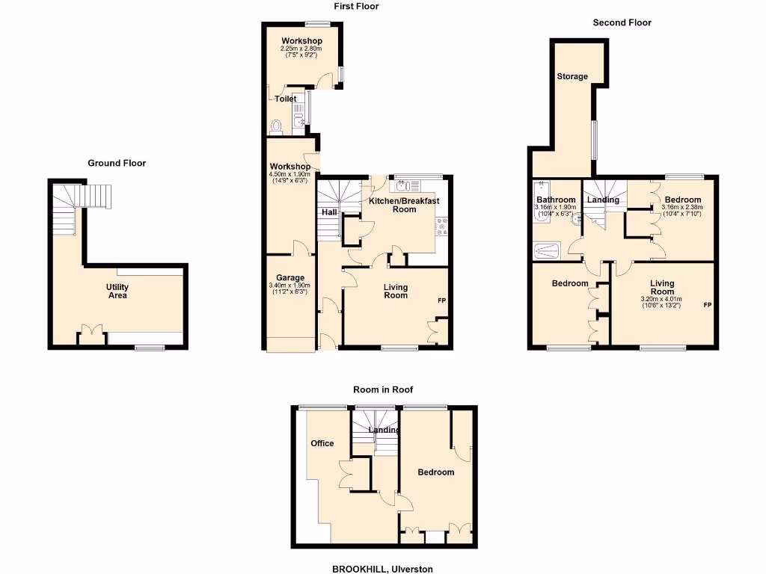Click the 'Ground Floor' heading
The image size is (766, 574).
tap(117, 163)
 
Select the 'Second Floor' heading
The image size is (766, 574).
tap(622, 22)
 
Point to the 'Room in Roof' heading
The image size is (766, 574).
tap(383, 389)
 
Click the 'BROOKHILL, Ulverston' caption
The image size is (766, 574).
tap(382, 569)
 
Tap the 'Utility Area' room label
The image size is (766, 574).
tap(117, 291)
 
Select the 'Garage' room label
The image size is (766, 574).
tap(290, 277)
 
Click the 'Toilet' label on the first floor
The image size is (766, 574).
tap(285, 99)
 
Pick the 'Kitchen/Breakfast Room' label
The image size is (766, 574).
tap(404, 205)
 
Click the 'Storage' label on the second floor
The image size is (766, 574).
tap(572, 76)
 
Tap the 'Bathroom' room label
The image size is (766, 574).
tap(556, 200)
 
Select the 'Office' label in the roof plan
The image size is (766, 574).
tap(322, 443)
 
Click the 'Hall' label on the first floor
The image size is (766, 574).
tap(329, 212)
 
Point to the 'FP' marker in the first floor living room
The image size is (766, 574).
tap(442, 300)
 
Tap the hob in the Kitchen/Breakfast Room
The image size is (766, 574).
tap(442, 226)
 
